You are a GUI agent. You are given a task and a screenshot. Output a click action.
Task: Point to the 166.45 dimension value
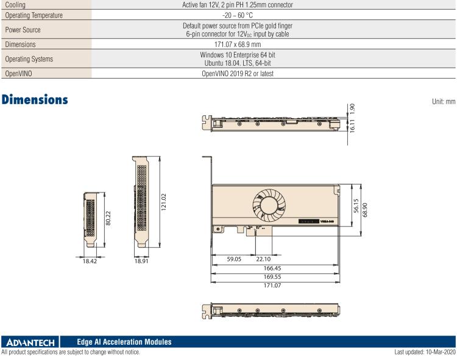click(272, 267)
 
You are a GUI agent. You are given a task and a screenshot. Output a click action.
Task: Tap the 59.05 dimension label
click(234, 258)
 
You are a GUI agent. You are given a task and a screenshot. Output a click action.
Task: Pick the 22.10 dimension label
click(266, 258)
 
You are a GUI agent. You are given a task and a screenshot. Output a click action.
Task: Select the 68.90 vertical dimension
click(366, 209)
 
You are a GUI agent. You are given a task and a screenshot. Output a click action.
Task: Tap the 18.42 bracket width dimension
click(89, 261)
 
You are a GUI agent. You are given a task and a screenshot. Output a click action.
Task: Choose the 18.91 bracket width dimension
click(142, 261)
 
